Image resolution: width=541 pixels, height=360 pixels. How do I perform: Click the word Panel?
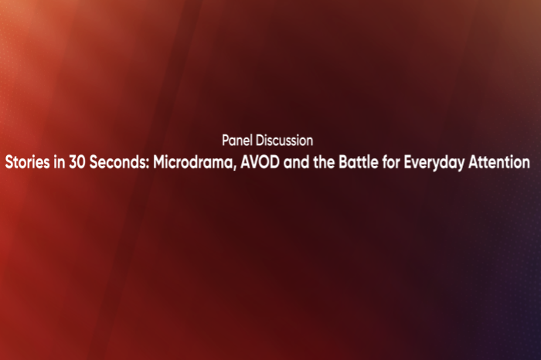(236, 141)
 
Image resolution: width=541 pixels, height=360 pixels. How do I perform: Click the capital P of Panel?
(224, 141)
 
